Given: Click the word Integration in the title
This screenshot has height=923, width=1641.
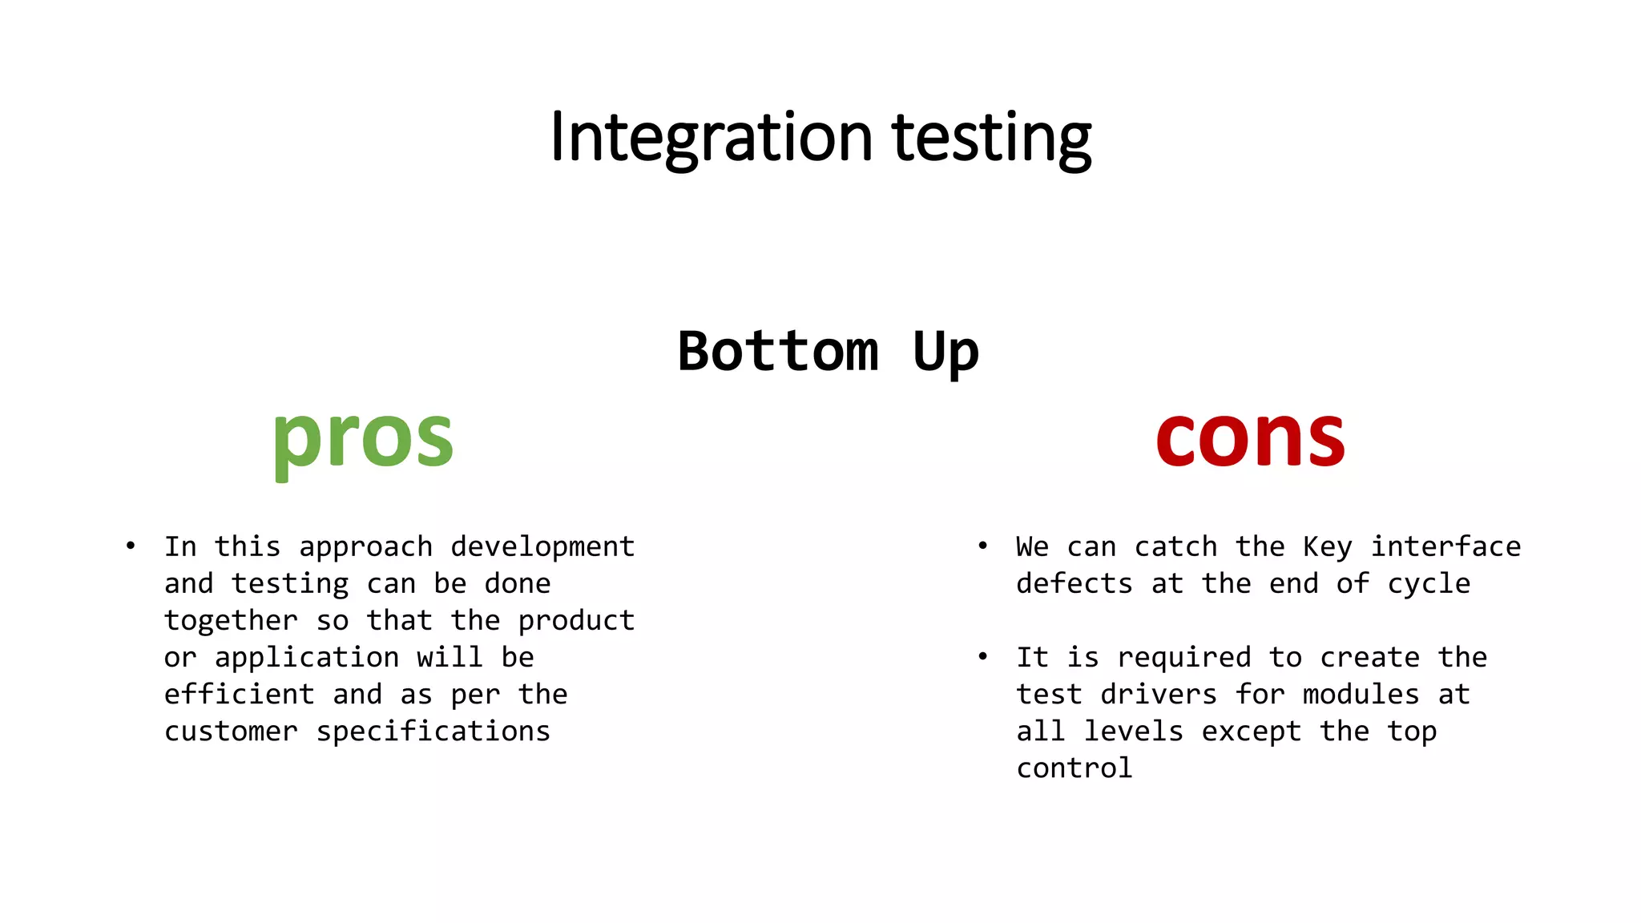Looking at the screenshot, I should click(711, 137).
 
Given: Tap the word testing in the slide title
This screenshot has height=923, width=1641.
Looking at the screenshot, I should click(991, 137).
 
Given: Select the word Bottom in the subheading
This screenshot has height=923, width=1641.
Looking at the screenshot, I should click(778, 351).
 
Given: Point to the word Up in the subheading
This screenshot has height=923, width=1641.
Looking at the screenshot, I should click(945, 351).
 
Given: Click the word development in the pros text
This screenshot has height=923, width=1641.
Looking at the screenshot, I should click(542, 546).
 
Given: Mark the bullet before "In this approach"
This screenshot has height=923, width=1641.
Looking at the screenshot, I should click(131, 546).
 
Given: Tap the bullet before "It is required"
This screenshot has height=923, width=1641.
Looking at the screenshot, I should click(982, 657).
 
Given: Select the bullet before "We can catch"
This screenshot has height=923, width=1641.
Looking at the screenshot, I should click(982, 546).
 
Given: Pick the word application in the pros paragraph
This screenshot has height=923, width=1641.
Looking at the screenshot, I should click(307, 658).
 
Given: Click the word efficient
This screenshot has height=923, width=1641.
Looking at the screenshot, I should click(239, 694).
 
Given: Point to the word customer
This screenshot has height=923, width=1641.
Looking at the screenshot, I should click(231, 731).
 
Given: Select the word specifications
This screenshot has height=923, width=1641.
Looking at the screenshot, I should click(433, 731).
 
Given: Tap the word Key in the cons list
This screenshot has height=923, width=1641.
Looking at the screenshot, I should click(1327, 546).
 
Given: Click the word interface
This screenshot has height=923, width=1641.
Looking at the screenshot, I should click(1445, 546).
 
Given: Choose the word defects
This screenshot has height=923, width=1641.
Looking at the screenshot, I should click(1075, 583).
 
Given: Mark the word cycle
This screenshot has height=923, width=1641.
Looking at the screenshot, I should click(1429, 583).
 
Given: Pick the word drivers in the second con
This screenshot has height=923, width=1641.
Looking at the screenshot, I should click(1159, 694).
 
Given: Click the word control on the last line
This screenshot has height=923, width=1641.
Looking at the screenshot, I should click(1075, 768).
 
